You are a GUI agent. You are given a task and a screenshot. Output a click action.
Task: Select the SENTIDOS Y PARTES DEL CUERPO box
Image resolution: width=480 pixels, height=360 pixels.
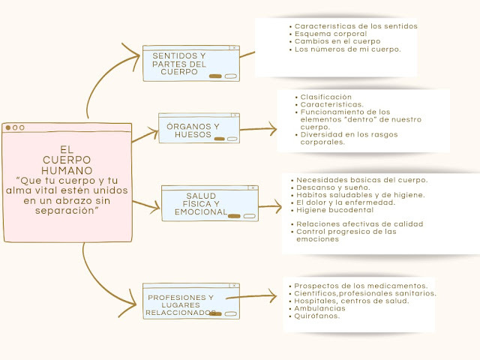[190, 64]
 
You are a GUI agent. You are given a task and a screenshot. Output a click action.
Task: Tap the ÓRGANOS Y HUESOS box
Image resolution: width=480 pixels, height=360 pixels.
[198, 130]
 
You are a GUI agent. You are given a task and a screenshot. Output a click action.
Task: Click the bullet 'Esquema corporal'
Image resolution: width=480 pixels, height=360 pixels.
[330, 34]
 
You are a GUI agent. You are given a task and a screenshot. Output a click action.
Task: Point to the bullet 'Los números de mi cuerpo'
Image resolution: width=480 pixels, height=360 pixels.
[347, 49]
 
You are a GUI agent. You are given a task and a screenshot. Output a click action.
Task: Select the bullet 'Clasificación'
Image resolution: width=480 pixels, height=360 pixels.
[325, 97]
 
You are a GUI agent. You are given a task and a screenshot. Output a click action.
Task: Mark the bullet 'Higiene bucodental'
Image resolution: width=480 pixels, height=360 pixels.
[335, 210]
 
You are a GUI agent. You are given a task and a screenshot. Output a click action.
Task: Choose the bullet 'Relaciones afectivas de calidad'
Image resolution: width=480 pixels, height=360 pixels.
[359, 223]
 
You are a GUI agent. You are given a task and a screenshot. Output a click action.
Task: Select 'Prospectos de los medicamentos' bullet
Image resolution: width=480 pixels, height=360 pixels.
[361, 286]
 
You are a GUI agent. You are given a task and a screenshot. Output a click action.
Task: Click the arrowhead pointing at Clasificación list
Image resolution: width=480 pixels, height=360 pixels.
[272, 129]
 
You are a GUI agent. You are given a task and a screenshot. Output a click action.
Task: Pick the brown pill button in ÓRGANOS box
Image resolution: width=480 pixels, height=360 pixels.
[219, 139]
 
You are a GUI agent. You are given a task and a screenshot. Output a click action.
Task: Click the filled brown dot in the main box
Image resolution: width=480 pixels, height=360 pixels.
[8, 127]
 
